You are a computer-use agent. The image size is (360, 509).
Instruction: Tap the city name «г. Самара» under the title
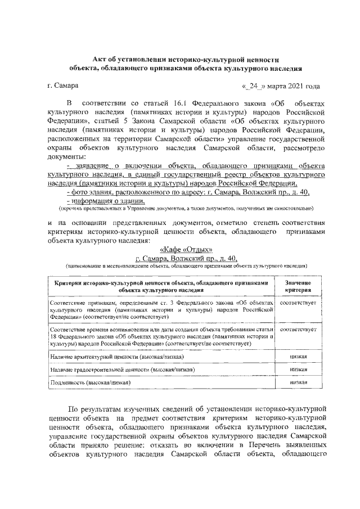click(x=64, y=86)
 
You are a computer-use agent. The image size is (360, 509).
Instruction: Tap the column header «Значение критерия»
click(x=298, y=285)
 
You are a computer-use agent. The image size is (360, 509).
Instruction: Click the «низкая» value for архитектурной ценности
click(x=298, y=356)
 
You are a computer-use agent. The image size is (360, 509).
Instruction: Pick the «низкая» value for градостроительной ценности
click(x=298, y=369)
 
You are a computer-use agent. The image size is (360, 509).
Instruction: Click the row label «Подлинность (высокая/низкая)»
click(x=90, y=382)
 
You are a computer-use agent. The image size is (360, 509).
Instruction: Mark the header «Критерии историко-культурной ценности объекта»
click(x=161, y=285)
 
